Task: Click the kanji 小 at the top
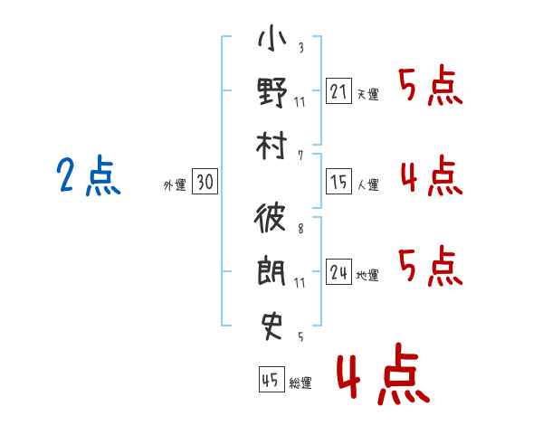pyautogui.click(x=272, y=40)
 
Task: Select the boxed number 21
pyautogui.click(x=338, y=90)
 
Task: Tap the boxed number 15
pyautogui.click(x=338, y=182)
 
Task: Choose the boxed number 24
pyautogui.click(x=338, y=272)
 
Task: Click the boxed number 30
pyautogui.click(x=204, y=182)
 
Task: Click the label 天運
pyautogui.click(x=367, y=94)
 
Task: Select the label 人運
pyautogui.click(x=367, y=185)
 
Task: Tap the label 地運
pyautogui.click(x=367, y=276)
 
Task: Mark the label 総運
pyautogui.click(x=300, y=382)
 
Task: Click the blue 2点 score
pyautogui.click(x=88, y=176)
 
